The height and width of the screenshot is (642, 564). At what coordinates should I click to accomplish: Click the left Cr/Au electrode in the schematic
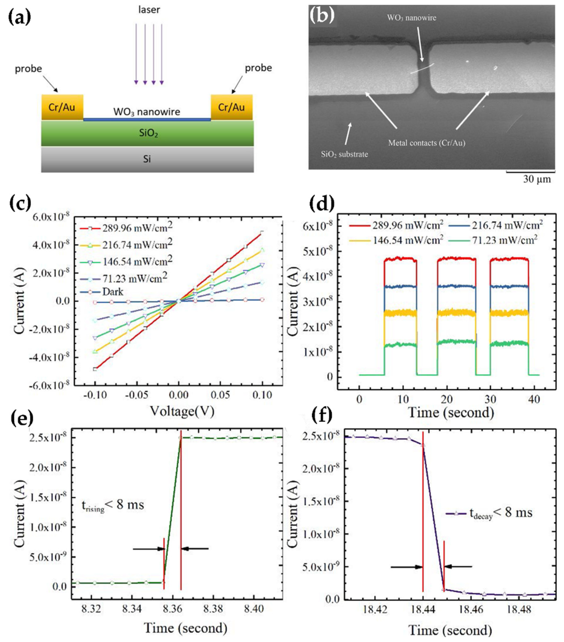tap(62, 108)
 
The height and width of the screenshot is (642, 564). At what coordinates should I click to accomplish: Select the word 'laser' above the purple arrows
tap(149, 10)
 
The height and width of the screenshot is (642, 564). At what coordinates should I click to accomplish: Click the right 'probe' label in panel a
tap(258, 68)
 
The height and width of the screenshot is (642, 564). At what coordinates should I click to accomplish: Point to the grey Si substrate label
tap(147, 159)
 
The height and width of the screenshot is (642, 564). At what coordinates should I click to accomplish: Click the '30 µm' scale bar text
tap(537, 179)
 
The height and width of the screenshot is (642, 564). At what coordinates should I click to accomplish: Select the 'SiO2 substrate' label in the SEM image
tap(345, 154)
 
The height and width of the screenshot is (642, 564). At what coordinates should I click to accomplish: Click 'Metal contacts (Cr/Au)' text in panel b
tap(426, 143)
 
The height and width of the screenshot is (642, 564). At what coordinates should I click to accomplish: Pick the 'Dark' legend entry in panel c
tap(113, 292)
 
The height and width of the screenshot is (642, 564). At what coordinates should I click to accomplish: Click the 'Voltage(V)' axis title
tap(182, 411)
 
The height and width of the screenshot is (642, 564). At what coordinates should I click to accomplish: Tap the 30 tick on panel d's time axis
tap(490, 399)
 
